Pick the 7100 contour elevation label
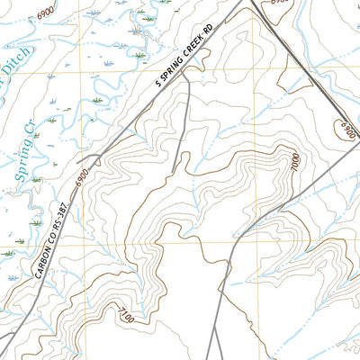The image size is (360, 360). (126, 318)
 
